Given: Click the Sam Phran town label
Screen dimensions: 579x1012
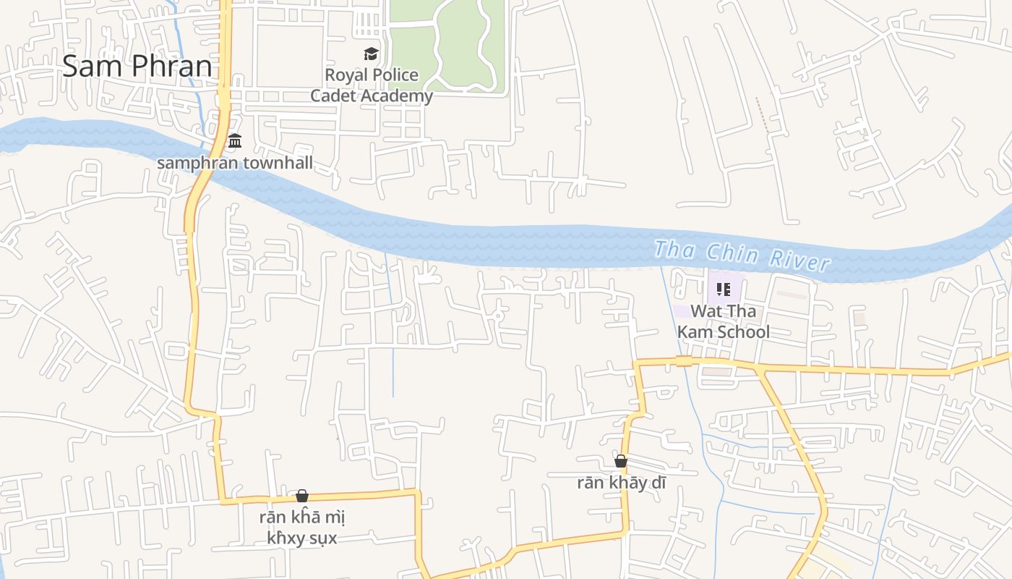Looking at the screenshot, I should [137, 67].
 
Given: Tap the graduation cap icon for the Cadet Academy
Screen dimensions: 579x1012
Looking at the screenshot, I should [371, 54].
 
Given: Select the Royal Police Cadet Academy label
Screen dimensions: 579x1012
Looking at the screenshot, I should [372, 85].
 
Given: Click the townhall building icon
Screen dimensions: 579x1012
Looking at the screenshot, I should [234, 140].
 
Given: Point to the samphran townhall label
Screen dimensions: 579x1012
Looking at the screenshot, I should [235, 163].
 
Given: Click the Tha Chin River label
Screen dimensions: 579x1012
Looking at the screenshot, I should [741, 255].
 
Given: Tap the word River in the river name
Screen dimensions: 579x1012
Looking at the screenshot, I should [799, 259].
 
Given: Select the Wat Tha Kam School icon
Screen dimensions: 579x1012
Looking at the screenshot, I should [723, 289].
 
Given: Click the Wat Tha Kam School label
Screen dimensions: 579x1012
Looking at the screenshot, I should [723, 321].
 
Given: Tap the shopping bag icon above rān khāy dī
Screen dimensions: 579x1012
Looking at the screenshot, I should [621, 461].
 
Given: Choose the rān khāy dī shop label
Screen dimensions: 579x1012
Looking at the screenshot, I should [621, 483].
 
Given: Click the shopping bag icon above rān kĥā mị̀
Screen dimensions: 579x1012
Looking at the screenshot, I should [302, 496].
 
